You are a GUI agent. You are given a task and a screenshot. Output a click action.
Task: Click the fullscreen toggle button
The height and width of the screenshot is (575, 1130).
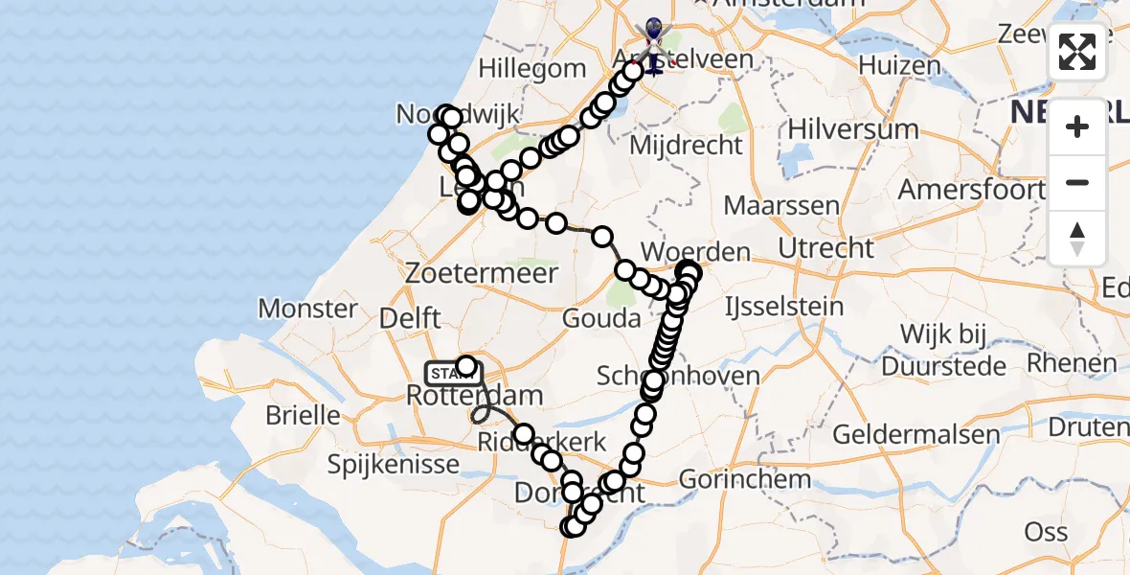coord(1077,52)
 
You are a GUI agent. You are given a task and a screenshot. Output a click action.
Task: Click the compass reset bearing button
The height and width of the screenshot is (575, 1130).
coord(1077,240)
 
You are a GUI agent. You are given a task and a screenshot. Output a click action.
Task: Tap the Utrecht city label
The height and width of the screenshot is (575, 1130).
coord(825,248)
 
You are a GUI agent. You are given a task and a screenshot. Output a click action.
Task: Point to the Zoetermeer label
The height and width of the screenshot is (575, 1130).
coord(481,273)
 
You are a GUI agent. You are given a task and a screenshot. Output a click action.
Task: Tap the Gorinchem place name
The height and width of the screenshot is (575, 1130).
coord(745,478)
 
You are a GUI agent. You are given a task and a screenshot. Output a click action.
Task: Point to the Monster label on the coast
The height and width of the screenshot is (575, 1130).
coord(307,309)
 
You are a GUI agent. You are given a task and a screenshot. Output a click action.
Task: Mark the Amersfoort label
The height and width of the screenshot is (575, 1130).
coord(970,190)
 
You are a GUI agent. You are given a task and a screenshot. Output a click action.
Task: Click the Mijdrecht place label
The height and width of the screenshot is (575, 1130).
coord(687,146)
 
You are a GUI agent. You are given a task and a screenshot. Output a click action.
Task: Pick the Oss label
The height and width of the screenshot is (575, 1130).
coord(1046,532)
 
